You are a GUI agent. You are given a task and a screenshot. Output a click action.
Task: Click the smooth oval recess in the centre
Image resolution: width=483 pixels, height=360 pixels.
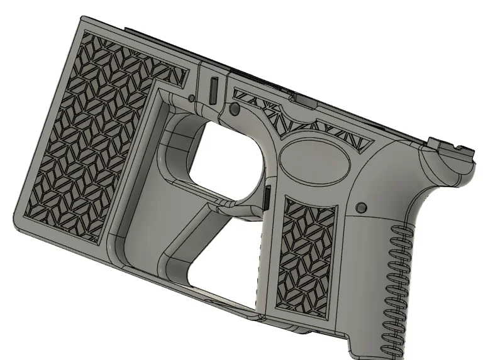313,160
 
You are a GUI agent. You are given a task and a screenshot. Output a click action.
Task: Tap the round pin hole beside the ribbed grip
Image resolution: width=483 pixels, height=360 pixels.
360,207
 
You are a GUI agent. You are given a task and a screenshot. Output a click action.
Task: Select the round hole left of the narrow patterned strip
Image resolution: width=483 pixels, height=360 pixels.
235,109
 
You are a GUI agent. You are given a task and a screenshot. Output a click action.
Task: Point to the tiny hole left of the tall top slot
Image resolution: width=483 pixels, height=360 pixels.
191,98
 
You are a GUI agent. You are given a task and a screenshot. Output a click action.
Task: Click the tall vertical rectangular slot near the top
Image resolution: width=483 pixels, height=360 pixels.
212,89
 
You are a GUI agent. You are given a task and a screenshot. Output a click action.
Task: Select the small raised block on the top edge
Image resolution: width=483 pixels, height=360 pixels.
294,95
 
